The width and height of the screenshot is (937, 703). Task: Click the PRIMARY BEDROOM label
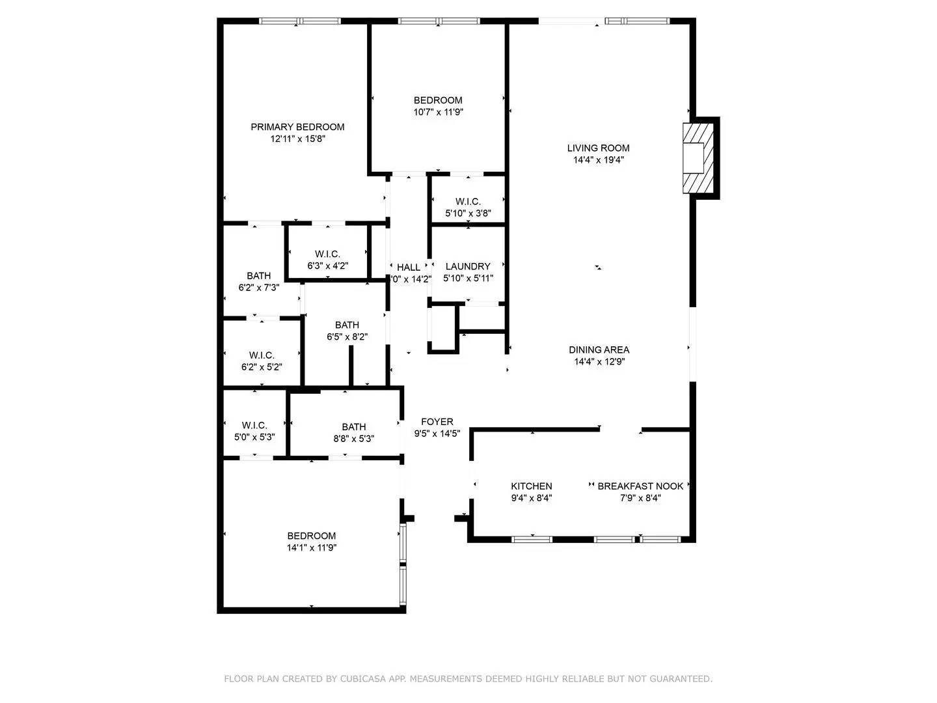point(297,127)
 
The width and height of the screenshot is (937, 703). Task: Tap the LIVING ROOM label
point(598,148)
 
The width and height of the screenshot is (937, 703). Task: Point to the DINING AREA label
point(599,350)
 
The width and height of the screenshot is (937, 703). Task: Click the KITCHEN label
point(531,486)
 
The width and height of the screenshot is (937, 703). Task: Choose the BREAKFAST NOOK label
point(640,486)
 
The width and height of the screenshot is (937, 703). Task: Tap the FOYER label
point(437,422)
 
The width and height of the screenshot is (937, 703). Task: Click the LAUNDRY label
point(468,266)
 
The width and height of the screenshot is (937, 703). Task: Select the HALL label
point(409,267)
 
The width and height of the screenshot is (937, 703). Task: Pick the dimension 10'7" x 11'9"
point(438,112)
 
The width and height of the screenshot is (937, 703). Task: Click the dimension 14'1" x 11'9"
point(312,547)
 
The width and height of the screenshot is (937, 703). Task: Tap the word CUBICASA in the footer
point(366,679)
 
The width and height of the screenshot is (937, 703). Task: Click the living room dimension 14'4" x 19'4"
point(598,159)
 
